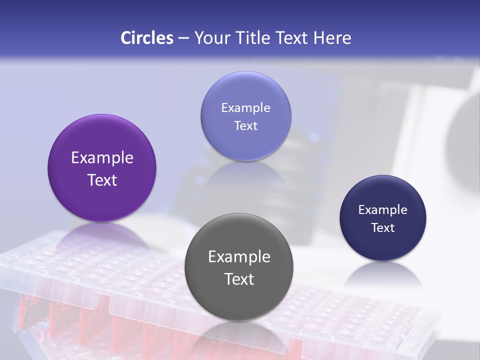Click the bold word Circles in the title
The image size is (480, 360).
click(x=147, y=38)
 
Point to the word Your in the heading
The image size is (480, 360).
click(x=211, y=38)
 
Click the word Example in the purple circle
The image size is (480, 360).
click(x=102, y=158)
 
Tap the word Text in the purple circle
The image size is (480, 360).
click(x=102, y=180)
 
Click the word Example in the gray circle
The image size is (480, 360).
click(x=239, y=257)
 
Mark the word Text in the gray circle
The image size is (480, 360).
click(x=239, y=279)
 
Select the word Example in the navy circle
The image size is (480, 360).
click(x=383, y=210)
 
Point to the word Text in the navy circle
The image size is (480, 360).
click(x=383, y=228)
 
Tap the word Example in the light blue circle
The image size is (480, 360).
click(x=245, y=108)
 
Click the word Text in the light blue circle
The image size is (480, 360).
click(x=245, y=126)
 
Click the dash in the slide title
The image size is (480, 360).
click(x=183, y=38)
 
